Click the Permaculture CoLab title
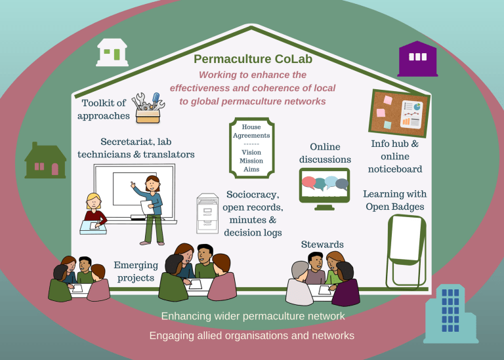[253, 60]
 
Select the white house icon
[112, 52]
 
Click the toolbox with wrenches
[147, 107]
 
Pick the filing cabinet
[207, 213]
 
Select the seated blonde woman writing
[94, 212]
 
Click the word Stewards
[323, 245]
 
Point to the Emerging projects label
[136, 271]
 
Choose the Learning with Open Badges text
[394, 201]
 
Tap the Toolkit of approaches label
[104, 110]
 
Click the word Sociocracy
[253, 195]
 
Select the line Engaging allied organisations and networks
[252, 335]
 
